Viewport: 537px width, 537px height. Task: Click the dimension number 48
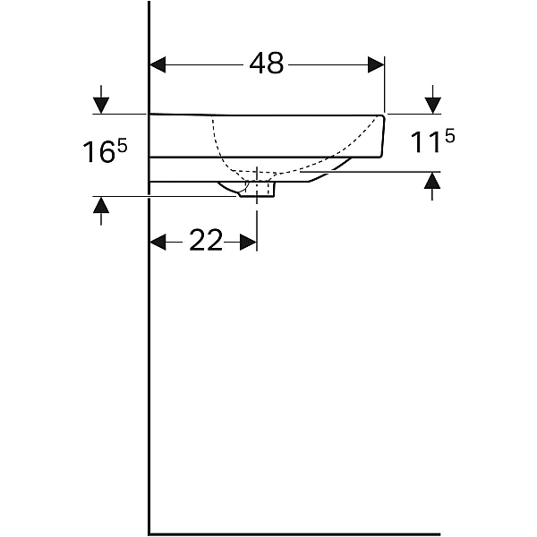[x=267, y=64]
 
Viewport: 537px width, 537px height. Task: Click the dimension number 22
[x=206, y=241]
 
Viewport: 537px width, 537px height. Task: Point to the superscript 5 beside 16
[x=122, y=146]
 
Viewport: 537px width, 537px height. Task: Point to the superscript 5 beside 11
[x=449, y=137]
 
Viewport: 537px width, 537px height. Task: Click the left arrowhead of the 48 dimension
[x=158, y=64]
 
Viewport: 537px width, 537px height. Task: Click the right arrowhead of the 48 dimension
[x=376, y=64]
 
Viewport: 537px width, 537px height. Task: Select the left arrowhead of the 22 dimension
[x=158, y=243]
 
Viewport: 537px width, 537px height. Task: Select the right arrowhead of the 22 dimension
[x=248, y=243]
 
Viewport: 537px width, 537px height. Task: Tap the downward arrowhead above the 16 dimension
[x=101, y=105]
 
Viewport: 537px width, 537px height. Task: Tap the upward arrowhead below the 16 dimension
[x=101, y=205]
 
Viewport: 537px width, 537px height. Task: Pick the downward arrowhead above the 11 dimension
[x=433, y=105]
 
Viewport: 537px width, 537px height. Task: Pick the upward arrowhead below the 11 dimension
[x=432, y=180]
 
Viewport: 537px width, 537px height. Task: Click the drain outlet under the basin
[x=257, y=190]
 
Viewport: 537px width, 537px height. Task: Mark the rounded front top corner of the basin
[x=383, y=117]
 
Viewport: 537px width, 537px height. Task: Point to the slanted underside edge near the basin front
[x=330, y=170]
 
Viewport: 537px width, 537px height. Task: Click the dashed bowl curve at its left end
[x=213, y=118]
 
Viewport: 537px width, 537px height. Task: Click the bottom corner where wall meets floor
[x=149, y=534]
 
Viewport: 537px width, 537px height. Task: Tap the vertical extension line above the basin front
[x=385, y=84]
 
